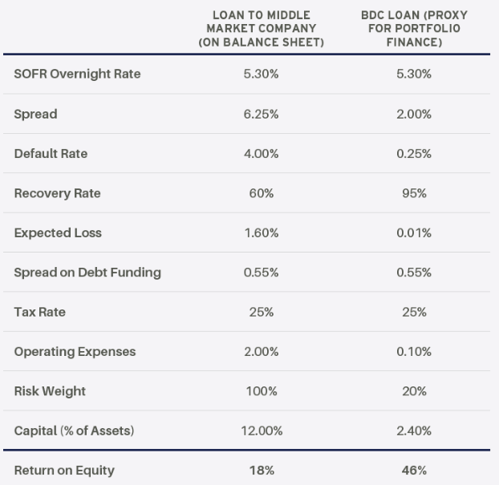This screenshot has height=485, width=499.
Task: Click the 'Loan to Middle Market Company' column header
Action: point(261,29)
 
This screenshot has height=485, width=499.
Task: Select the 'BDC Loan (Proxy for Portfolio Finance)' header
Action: point(414,29)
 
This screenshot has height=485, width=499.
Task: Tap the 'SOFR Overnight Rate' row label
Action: point(77,75)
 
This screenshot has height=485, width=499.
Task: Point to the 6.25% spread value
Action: point(261,114)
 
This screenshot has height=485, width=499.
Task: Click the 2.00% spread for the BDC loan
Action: point(414,114)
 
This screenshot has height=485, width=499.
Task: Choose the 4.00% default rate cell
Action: point(261,154)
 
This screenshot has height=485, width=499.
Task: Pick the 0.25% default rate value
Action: point(414,154)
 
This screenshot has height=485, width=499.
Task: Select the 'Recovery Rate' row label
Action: point(57,193)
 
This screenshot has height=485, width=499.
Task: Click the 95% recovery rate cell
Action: point(414,193)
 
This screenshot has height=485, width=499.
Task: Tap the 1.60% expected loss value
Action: point(261,233)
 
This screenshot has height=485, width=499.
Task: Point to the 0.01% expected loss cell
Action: point(414,233)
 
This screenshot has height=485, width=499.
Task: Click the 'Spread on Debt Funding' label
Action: point(87,273)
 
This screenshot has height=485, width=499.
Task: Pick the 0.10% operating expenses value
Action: point(414,352)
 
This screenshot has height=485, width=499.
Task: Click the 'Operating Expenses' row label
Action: point(75,352)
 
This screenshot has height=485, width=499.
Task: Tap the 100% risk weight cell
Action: point(261,391)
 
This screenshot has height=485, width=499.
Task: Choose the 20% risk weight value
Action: point(414,391)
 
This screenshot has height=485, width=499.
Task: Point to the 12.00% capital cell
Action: point(261,431)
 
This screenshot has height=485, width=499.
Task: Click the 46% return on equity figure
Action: point(414,471)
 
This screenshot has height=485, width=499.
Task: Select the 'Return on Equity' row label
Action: point(64,471)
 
